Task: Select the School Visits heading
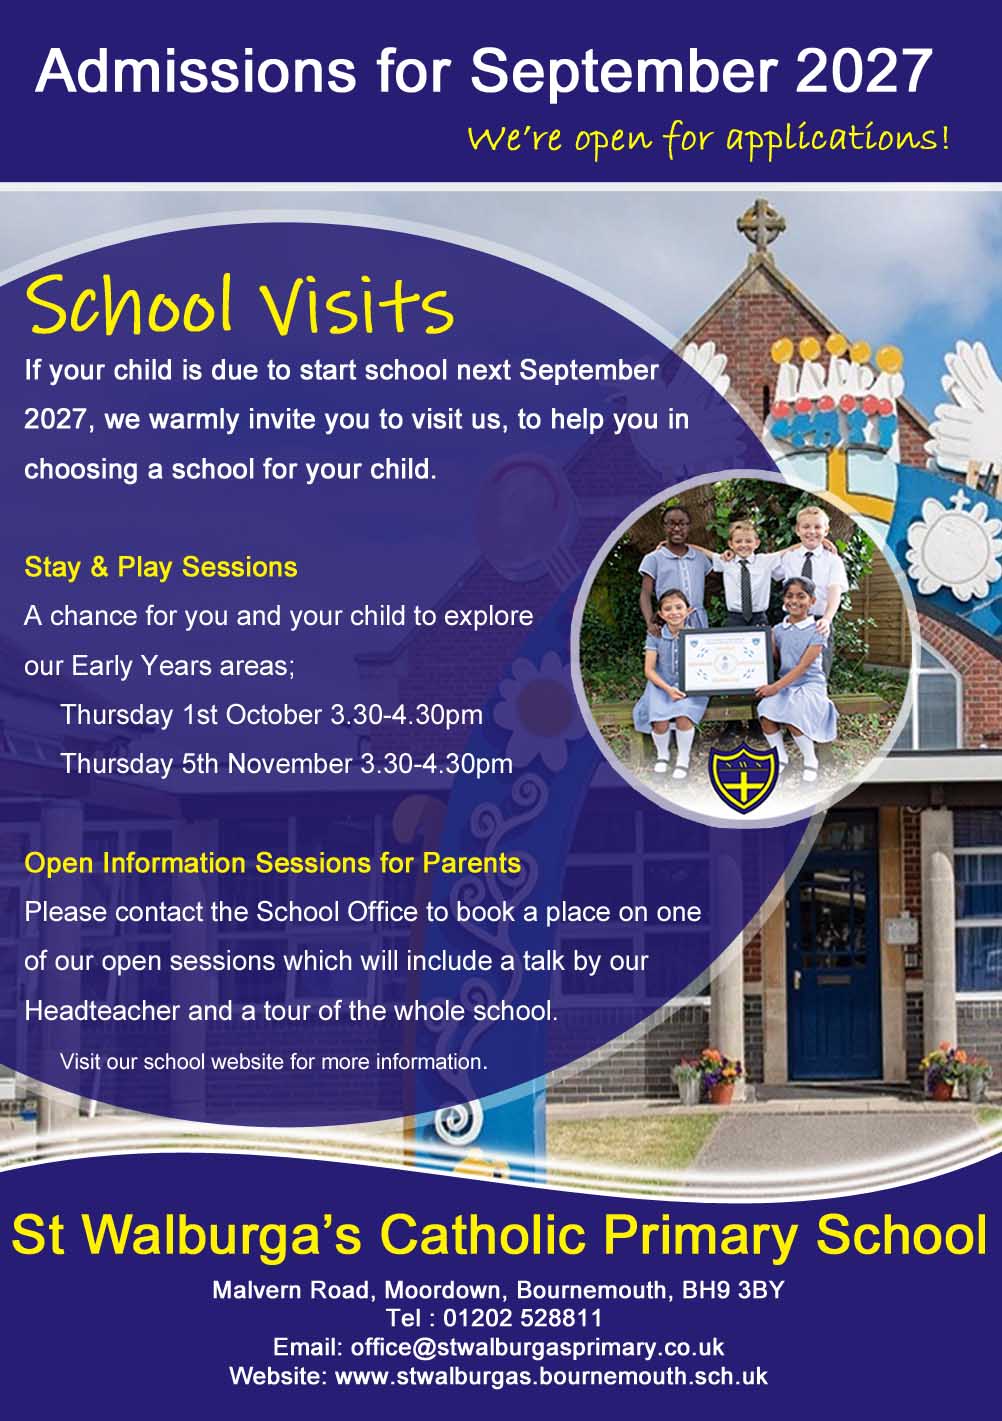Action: click(240, 305)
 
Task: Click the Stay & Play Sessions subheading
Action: click(160, 567)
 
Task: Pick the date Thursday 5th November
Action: click(207, 764)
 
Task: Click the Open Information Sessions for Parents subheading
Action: click(273, 863)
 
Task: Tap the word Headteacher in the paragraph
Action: click(102, 1011)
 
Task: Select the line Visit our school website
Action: click(274, 1062)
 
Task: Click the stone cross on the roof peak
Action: click(760, 225)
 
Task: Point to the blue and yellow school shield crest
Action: click(743, 780)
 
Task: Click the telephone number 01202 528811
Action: click(523, 1318)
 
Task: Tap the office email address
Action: click(537, 1347)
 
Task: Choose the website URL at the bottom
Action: click(550, 1377)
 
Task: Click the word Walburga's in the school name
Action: click(223, 1235)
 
